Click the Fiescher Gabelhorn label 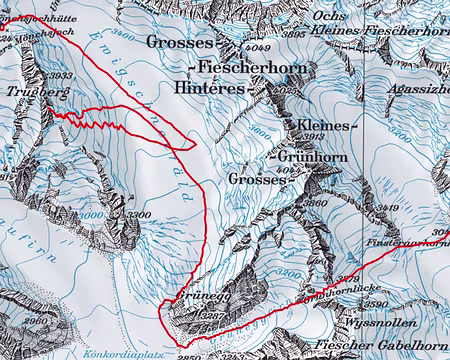coord(379,346)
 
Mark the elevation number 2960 coord(35,318)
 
